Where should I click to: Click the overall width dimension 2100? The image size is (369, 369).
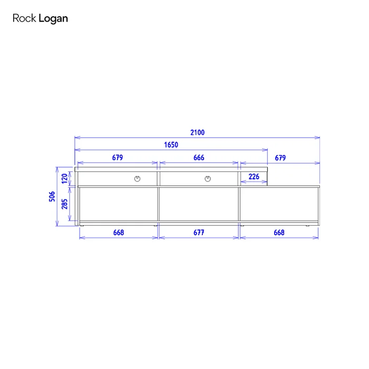click(x=198, y=132)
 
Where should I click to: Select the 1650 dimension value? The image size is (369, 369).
click(x=171, y=145)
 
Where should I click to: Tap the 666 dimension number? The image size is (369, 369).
click(x=199, y=158)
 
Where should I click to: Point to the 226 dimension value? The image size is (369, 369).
click(x=254, y=177)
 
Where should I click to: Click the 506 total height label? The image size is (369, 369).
click(x=52, y=197)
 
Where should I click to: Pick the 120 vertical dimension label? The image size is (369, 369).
click(x=64, y=179)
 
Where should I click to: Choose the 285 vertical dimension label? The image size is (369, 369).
click(x=64, y=204)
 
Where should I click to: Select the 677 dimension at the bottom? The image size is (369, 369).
click(x=199, y=232)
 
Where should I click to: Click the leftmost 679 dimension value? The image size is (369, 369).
click(x=118, y=158)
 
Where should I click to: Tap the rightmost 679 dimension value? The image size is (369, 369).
click(x=280, y=158)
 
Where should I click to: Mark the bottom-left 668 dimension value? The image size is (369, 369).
click(x=119, y=232)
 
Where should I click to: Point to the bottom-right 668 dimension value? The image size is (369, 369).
click(x=279, y=232)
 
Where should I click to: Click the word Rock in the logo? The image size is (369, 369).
click(x=24, y=18)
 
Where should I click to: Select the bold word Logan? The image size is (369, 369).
click(x=53, y=19)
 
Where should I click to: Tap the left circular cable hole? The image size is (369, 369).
click(x=137, y=179)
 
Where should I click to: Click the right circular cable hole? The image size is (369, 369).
click(x=208, y=179)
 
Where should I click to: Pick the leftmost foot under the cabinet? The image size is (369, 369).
click(x=82, y=226)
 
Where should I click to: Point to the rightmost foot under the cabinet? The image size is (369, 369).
click(x=307, y=226)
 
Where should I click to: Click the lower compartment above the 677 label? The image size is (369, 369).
click(x=199, y=204)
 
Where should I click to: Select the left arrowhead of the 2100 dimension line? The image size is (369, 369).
click(x=77, y=138)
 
